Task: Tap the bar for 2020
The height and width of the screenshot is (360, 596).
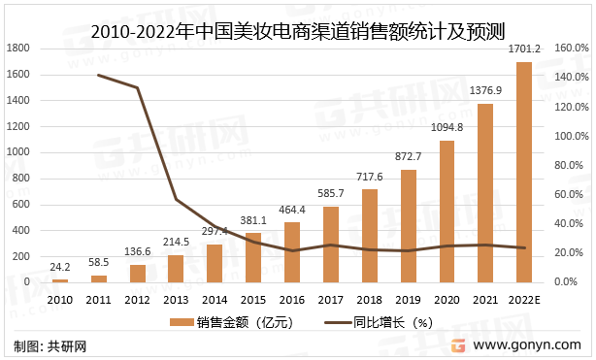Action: [447, 212]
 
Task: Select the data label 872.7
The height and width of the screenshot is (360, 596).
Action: [409, 156]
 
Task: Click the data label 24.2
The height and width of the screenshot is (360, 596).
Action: [60, 266]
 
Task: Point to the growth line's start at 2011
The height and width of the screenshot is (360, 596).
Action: [99, 75]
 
